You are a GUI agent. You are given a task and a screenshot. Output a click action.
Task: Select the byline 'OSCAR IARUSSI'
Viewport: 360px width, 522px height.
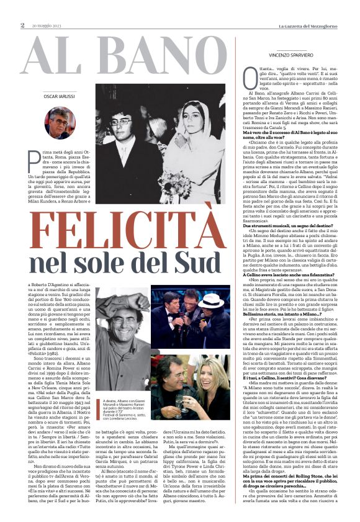(60, 97)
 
